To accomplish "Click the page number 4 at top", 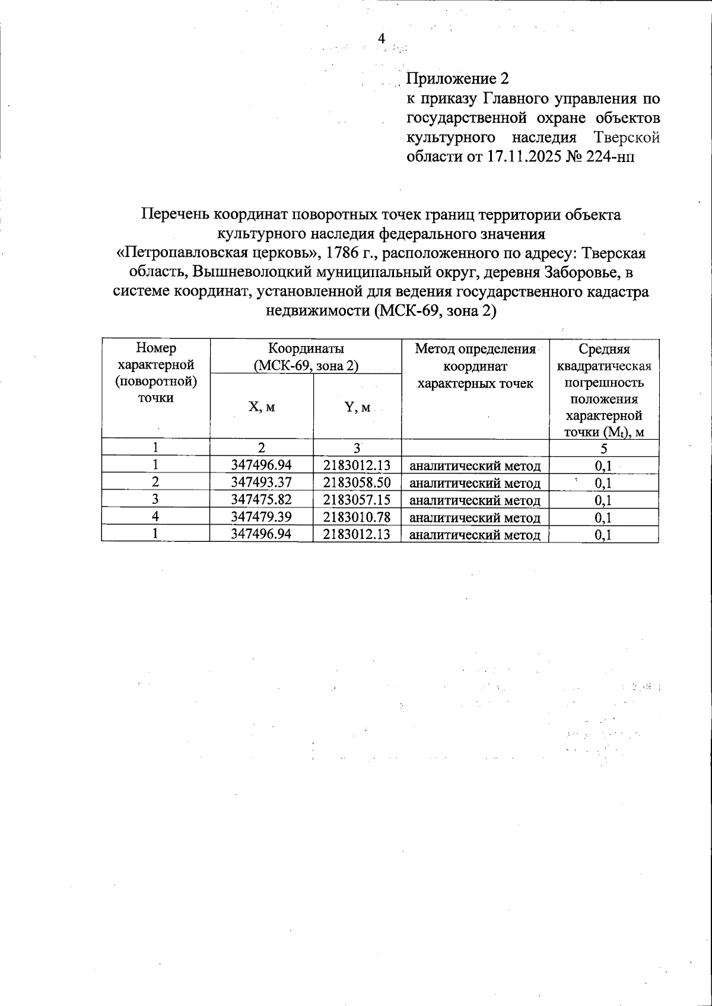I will [382, 39].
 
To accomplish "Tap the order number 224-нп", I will [612, 157].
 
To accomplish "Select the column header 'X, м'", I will [261, 407].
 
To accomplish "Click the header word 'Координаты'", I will [306, 348].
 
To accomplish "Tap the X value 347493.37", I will [261, 483].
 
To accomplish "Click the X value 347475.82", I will [261, 500].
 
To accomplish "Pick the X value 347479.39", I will [261, 518].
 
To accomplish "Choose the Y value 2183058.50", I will [357, 483].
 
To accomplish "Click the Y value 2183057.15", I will [357, 500].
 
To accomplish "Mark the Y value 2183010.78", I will [357, 518].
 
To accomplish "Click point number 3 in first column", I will [155, 500].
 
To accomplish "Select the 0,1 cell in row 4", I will [603, 518].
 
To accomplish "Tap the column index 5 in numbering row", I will [603, 448].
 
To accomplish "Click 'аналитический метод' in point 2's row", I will [475, 483].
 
